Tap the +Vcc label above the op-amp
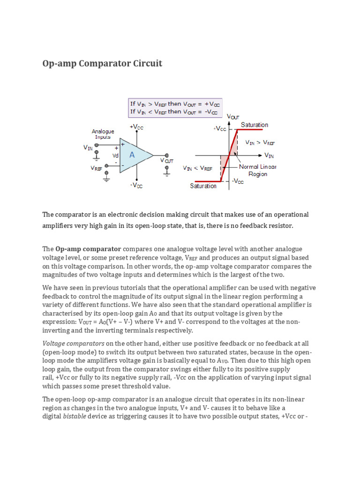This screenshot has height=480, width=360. point(136,127)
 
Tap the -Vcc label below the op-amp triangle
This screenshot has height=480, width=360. point(136,186)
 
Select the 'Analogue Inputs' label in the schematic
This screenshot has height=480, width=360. point(103,134)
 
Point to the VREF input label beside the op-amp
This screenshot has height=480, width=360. point(97,168)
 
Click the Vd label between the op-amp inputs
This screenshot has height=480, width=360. point(115,156)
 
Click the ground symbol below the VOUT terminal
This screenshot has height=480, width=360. point(166,172)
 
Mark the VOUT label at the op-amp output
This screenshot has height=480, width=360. point(167,161)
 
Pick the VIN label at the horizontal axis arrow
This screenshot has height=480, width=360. point(269,155)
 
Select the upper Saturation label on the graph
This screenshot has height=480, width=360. point(254,125)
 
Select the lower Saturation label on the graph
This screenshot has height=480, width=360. point(203,186)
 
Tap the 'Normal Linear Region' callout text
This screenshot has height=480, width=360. point(258,170)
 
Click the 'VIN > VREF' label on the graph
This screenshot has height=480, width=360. point(260,142)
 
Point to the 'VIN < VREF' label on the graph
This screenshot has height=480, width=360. point(197,168)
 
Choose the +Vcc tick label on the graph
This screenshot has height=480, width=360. point(220,128)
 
